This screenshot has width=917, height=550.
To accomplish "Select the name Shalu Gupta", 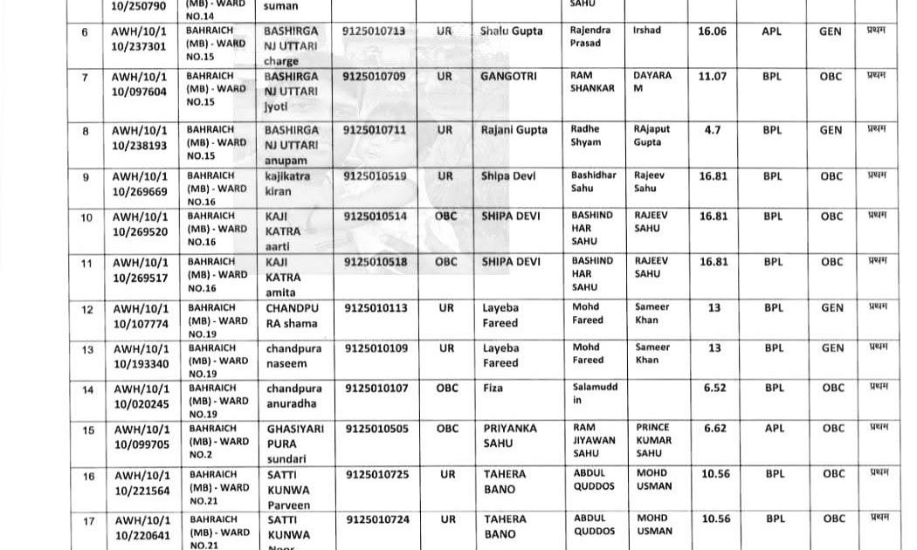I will [x=511, y=31].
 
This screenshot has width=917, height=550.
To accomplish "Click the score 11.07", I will [x=712, y=77].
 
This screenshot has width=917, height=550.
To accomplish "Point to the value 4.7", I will [x=712, y=130].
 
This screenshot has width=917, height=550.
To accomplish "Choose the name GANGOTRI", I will [x=507, y=77].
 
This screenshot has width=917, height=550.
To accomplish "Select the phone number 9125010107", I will [x=376, y=388].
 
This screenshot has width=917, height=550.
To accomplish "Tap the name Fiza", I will [x=493, y=388].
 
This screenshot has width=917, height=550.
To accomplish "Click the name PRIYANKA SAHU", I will [x=510, y=436].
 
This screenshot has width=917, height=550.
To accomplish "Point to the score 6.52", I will [x=714, y=388].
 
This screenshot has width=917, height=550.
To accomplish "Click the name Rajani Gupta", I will [x=514, y=130].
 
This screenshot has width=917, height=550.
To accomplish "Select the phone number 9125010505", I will [x=376, y=429].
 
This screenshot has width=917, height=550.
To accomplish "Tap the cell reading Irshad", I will [x=647, y=31].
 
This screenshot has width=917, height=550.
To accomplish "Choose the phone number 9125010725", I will [x=376, y=475].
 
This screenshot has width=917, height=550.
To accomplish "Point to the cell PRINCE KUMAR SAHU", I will [x=654, y=440].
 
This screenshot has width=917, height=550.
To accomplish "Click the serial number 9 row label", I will [x=86, y=177].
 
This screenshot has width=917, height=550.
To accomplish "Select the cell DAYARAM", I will [x=652, y=82].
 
